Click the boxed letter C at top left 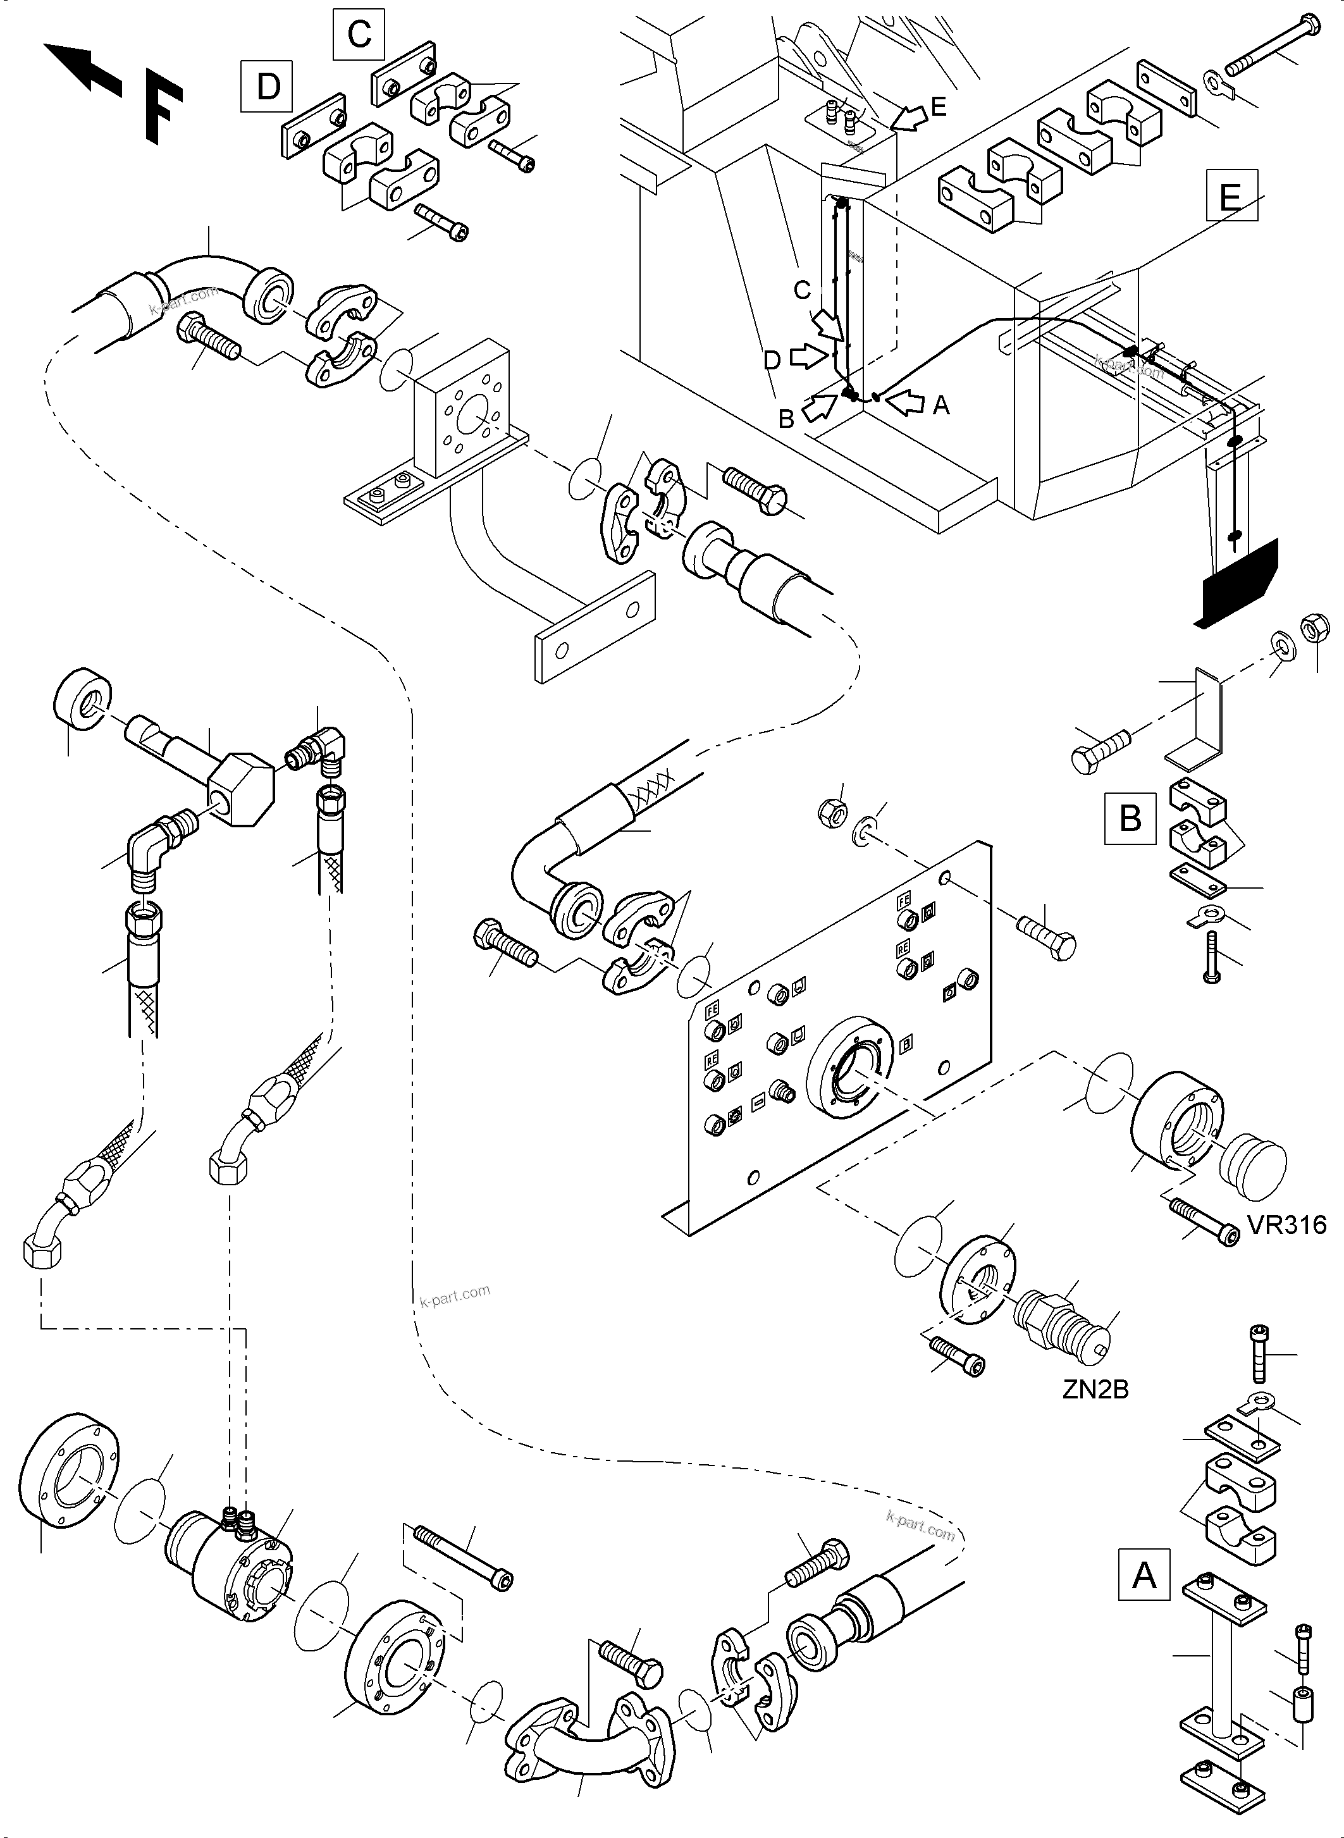[x=359, y=35]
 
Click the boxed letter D [x=268, y=86]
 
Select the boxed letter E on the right [x=1231, y=195]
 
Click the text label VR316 [x=1287, y=1225]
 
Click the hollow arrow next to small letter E [x=909, y=120]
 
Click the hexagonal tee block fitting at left [x=241, y=789]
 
